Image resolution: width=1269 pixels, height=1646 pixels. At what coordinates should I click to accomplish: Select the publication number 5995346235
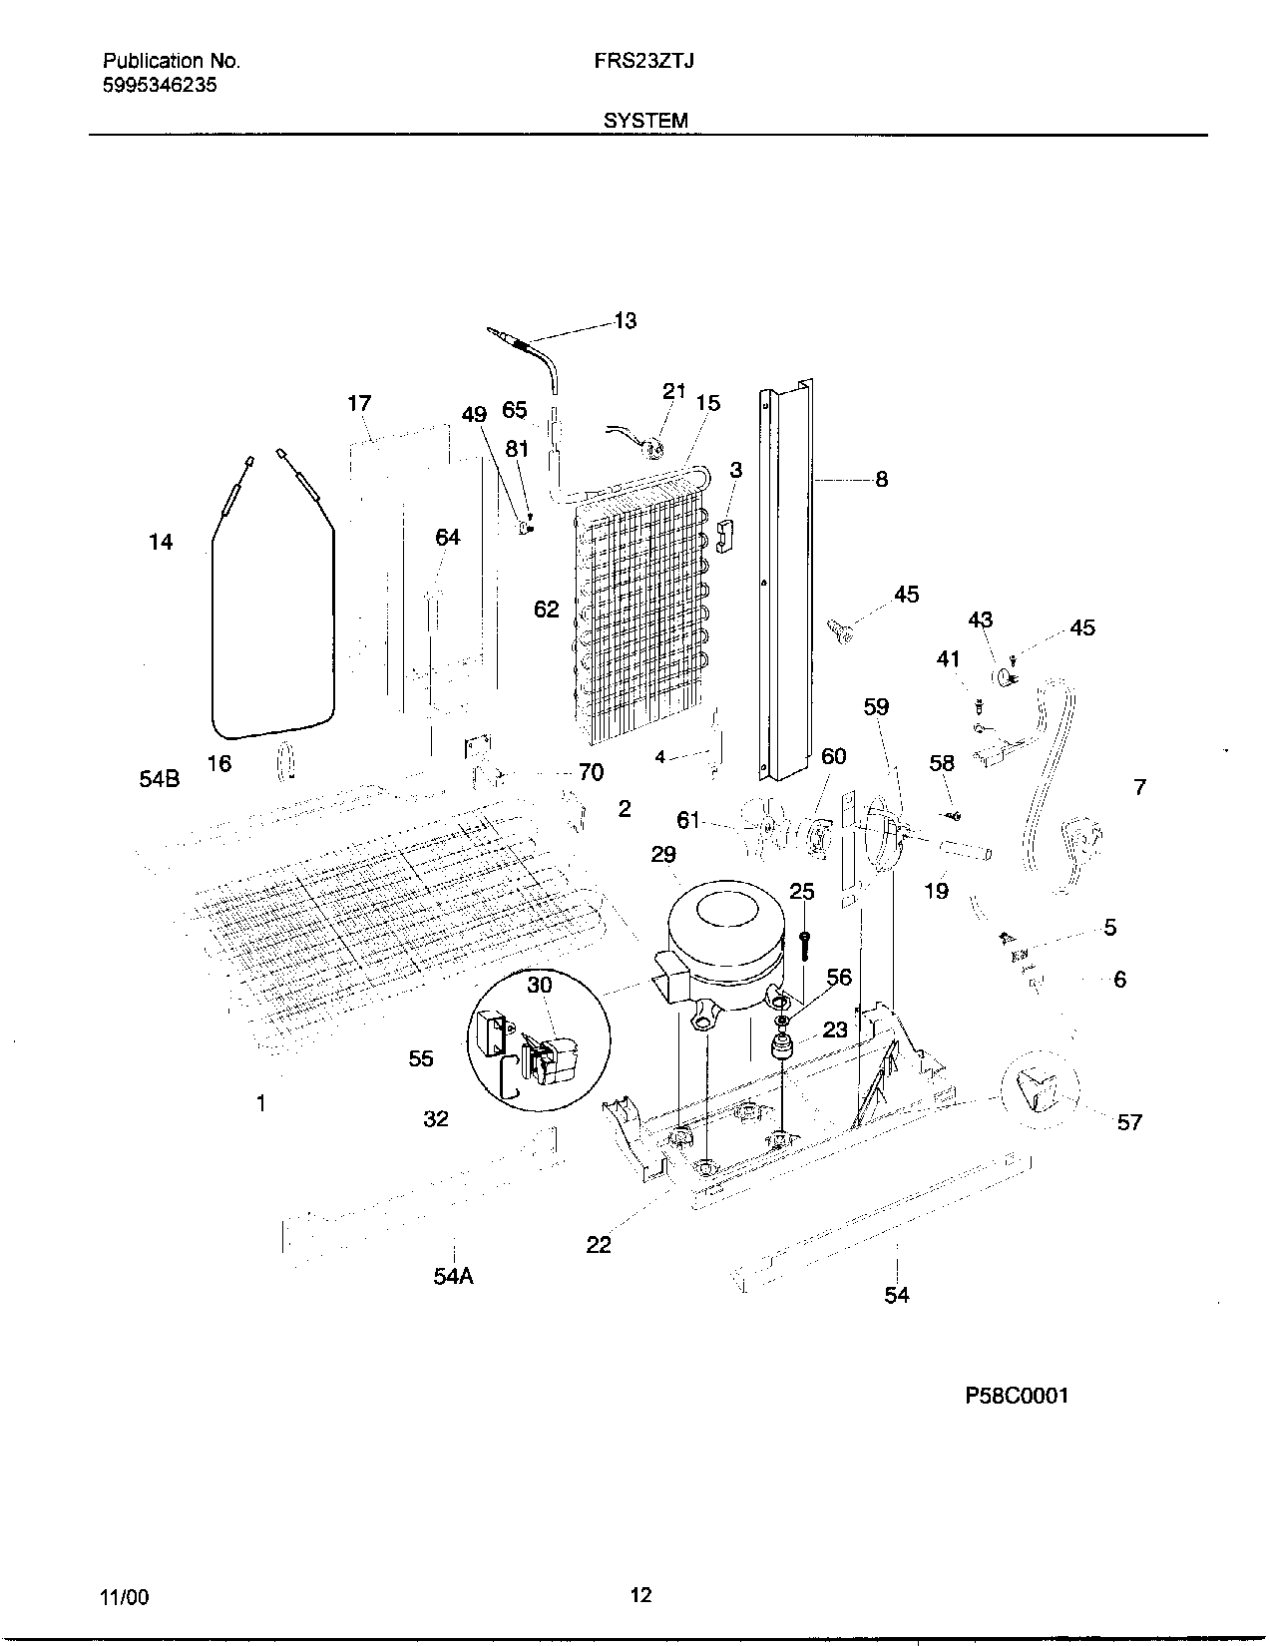(160, 85)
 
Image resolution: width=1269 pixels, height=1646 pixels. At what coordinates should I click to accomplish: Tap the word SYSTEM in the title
(644, 121)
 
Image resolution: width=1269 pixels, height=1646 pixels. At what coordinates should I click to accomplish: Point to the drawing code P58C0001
(1016, 1396)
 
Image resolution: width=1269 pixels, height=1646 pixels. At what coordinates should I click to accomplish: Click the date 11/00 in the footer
(124, 1597)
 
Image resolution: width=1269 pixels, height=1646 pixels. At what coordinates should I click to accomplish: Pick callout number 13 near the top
(625, 321)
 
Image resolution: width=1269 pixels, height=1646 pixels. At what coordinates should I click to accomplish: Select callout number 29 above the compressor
(663, 854)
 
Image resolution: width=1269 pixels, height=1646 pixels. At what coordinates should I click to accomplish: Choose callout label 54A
(453, 1276)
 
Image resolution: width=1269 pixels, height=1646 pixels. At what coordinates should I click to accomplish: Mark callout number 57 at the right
(1128, 1122)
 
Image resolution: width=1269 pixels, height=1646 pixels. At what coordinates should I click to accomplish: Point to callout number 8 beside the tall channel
(881, 479)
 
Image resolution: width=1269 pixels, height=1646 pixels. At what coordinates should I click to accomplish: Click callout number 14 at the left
(161, 542)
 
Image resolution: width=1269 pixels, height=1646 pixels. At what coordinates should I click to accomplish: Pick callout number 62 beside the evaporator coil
(546, 609)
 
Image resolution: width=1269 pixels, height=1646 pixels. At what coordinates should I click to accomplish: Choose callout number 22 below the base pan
(599, 1244)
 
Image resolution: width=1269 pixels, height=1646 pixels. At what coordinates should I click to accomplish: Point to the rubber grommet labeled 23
(781, 1049)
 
